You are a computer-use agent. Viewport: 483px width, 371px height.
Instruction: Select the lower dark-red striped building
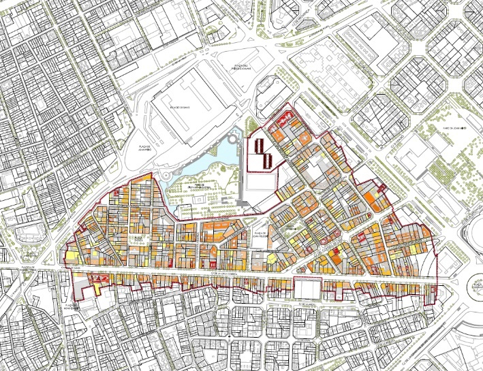click(268, 161)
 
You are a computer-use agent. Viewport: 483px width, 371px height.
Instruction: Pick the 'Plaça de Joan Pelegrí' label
click(259, 235)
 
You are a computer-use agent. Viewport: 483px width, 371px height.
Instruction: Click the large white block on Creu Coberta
click(307, 289)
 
